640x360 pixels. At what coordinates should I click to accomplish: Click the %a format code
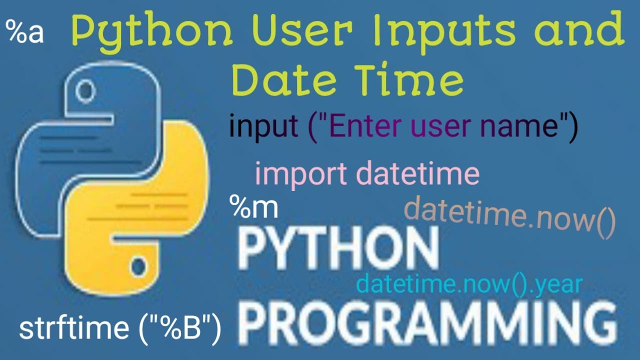click(x=25, y=32)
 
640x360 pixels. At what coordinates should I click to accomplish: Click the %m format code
click(x=253, y=206)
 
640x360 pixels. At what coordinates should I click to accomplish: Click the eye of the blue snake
click(x=86, y=91)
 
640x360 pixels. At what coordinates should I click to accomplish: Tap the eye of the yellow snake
click(x=137, y=267)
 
